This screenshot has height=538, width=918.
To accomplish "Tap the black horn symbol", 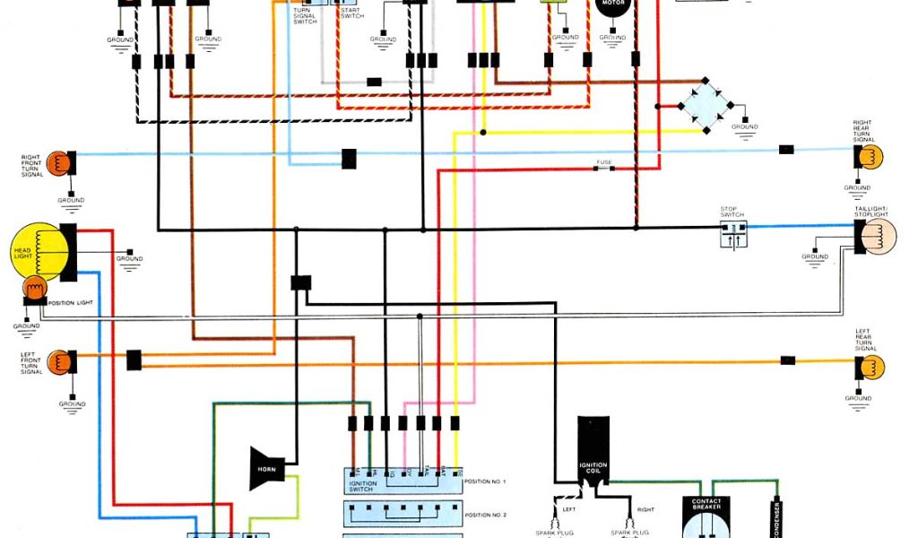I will point(266,468).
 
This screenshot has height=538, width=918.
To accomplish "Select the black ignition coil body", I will point(593,453).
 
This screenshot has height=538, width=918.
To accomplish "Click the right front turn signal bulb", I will point(59,163).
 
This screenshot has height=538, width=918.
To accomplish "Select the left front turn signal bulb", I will point(59,362).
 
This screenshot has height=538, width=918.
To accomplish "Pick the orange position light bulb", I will point(33,290).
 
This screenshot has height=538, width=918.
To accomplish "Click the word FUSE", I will point(604,163).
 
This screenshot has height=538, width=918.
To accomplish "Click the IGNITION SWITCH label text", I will point(363,486).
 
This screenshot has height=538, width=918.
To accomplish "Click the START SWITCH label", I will point(351,13).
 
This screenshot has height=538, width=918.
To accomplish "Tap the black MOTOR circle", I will point(612,5).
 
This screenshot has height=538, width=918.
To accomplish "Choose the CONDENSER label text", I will point(776,516).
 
